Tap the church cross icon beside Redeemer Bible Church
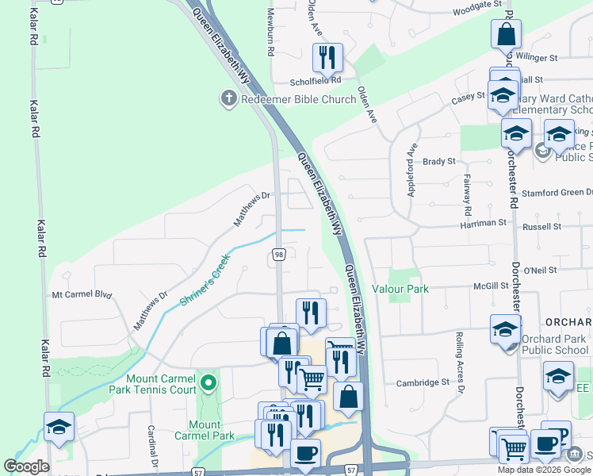228,99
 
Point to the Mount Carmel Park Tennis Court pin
209,384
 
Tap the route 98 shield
279,255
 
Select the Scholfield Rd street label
315,80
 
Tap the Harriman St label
482,224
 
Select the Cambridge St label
423,382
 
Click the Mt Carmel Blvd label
82,294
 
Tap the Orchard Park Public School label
555,344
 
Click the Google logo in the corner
27,467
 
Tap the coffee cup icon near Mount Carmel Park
305,455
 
